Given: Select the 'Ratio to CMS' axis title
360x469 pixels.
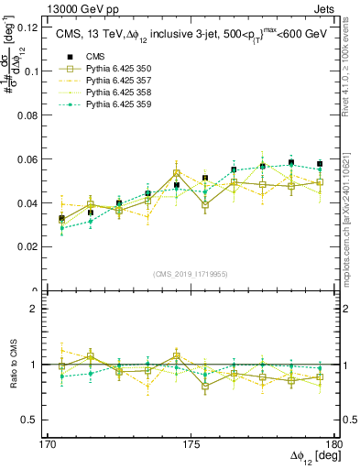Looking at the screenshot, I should click(x=14, y=365).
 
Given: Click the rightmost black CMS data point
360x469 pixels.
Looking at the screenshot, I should click(x=319, y=164).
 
